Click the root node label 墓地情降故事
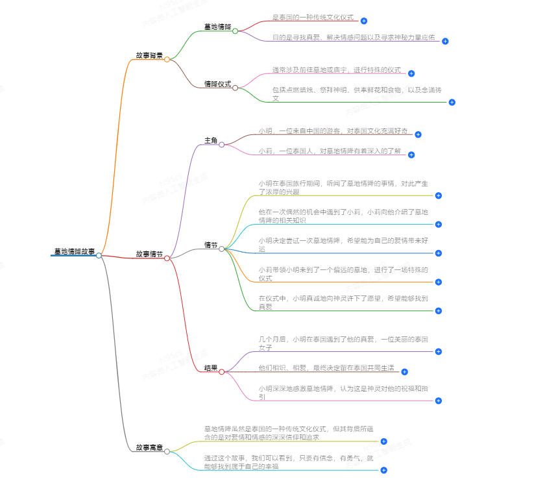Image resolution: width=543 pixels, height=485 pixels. (74, 251)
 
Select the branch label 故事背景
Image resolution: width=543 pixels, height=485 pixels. (149, 55)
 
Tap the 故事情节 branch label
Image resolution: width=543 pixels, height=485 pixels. (149, 254)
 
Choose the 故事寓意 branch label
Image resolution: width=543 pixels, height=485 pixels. (149, 447)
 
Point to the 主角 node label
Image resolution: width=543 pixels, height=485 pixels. (211, 140)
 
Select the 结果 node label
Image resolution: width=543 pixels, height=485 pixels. (211, 367)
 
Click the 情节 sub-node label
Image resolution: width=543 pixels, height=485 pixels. (211, 245)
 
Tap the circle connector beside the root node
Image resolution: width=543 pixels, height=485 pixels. (99, 256)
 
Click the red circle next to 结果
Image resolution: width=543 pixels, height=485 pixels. (221, 372)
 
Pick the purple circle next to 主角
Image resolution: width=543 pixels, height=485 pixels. (221, 145)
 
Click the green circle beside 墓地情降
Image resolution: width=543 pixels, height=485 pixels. (235, 31)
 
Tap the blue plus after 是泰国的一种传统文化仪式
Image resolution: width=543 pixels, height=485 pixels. (364, 21)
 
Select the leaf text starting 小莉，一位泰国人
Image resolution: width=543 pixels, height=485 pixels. (329, 151)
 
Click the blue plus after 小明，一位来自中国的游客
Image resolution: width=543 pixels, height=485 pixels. (418, 134)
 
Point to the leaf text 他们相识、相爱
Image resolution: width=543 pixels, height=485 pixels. (326, 367)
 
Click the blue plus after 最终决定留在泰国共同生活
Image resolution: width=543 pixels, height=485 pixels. (404, 372)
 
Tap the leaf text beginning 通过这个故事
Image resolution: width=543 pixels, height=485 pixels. (289, 461)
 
